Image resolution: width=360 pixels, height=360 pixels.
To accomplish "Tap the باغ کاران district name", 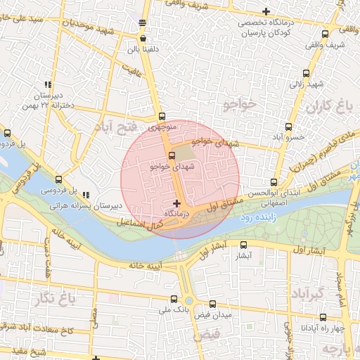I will [x=328, y=107].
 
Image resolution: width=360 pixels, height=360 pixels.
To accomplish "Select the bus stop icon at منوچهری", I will [x=162, y=117].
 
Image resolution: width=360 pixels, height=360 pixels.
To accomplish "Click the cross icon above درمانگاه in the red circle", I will [x=176, y=203].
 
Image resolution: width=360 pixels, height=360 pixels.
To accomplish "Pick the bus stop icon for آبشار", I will [x=244, y=245].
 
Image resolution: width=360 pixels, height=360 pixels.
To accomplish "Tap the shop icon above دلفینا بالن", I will [x=143, y=39].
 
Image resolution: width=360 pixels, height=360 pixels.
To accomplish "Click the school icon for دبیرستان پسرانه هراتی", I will [x=86, y=195].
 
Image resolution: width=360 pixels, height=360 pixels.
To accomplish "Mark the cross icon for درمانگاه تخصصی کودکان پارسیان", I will [x=265, y=11].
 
